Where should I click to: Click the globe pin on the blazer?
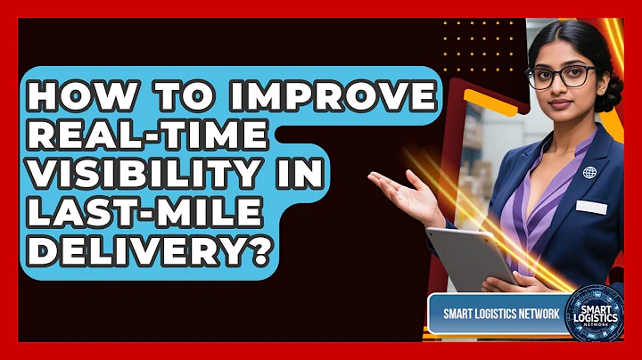(588, 172)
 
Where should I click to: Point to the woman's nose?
(558, 89)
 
